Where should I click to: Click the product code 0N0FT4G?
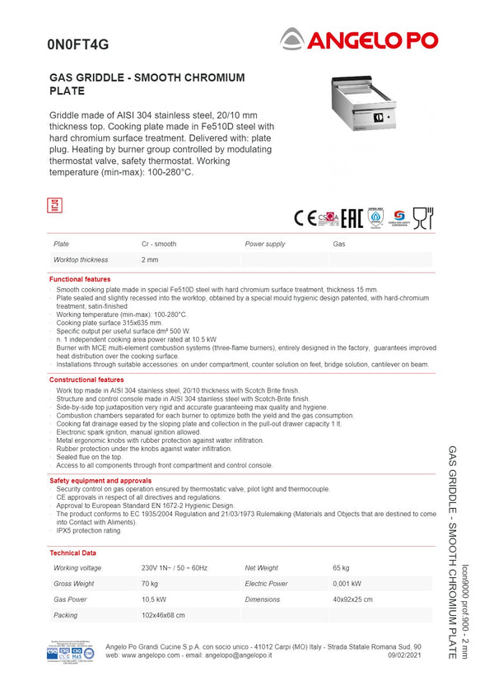(77, 44)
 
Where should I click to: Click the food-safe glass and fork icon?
(423, 217)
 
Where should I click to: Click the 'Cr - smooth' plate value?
(159, 245)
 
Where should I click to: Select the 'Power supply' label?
(265, 245)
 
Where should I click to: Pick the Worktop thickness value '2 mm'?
(150, 260)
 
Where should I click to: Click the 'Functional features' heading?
(80, 280)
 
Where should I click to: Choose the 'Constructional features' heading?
(86, 380)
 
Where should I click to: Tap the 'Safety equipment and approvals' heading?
(100, 480)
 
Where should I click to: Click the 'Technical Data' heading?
(72, 553)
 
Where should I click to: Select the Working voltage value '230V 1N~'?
(175, 568)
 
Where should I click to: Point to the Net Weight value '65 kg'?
(341, 568)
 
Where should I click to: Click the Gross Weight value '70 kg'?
(150, 584)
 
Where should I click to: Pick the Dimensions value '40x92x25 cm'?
(352, 599)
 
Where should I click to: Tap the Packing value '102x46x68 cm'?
(163, 615)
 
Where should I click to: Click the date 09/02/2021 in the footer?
(404, 655)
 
